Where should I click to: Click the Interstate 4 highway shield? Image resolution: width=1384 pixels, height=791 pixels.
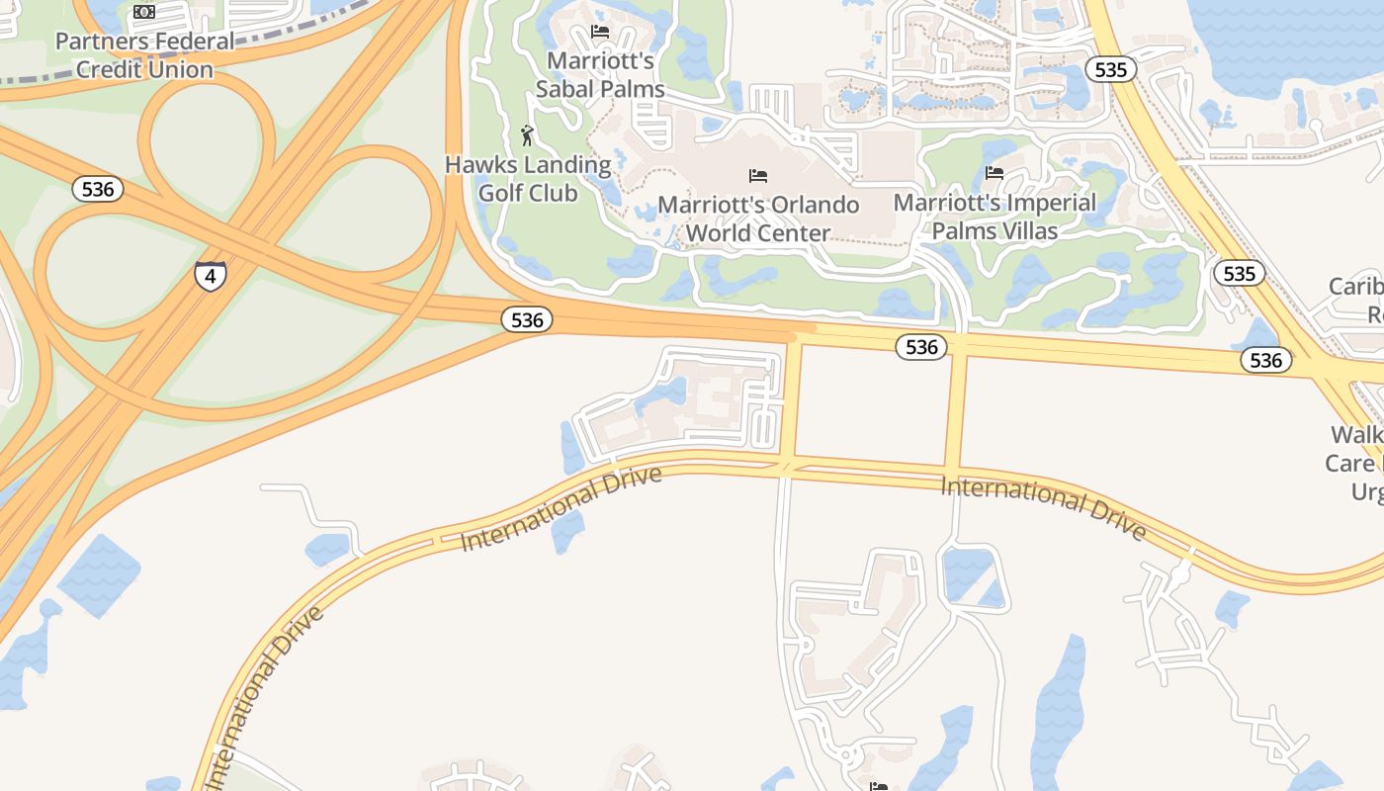(x=210, y=275)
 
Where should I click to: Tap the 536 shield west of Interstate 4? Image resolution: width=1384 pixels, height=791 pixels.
(x=98, y=189)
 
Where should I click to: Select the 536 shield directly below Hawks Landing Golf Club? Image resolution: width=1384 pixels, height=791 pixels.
(x=527, y=319)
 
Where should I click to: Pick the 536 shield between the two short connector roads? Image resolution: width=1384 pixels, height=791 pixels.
(x=921, y=346)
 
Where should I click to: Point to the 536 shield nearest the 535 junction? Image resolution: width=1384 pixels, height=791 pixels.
(x=1265, y=361)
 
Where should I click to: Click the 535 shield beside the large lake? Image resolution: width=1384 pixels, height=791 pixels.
(x=1111, y=69)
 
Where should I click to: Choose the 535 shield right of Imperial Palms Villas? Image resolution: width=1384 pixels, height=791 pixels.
(x=1239, y=273)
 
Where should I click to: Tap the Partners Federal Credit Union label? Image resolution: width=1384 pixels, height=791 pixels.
(x=145, y=55)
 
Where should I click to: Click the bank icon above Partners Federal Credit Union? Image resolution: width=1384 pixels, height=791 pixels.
(x=144, y=12)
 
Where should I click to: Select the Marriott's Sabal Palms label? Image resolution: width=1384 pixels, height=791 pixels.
(x=600, y=75)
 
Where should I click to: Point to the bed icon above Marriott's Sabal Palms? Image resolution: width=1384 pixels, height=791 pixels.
(x=600, y=32)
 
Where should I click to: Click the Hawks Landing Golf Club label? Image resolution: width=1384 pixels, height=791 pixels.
(x=528, y=179)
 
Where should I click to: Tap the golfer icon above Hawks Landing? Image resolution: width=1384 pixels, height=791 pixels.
(x=527, y=135)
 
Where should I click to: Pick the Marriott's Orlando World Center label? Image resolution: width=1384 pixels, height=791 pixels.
(x=758, y=220)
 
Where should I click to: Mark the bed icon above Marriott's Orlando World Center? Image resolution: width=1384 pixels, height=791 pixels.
(x=758, y=176)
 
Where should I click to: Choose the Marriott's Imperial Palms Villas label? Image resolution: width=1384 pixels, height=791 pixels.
(x=995, y=217)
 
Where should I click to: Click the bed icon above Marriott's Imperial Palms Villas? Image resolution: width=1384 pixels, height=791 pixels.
(x=995, y=173)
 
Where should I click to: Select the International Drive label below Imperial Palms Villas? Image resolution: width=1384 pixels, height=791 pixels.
(x=1044, y=508)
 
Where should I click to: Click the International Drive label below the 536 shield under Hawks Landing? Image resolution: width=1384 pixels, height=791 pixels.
(x=562, y=508)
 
